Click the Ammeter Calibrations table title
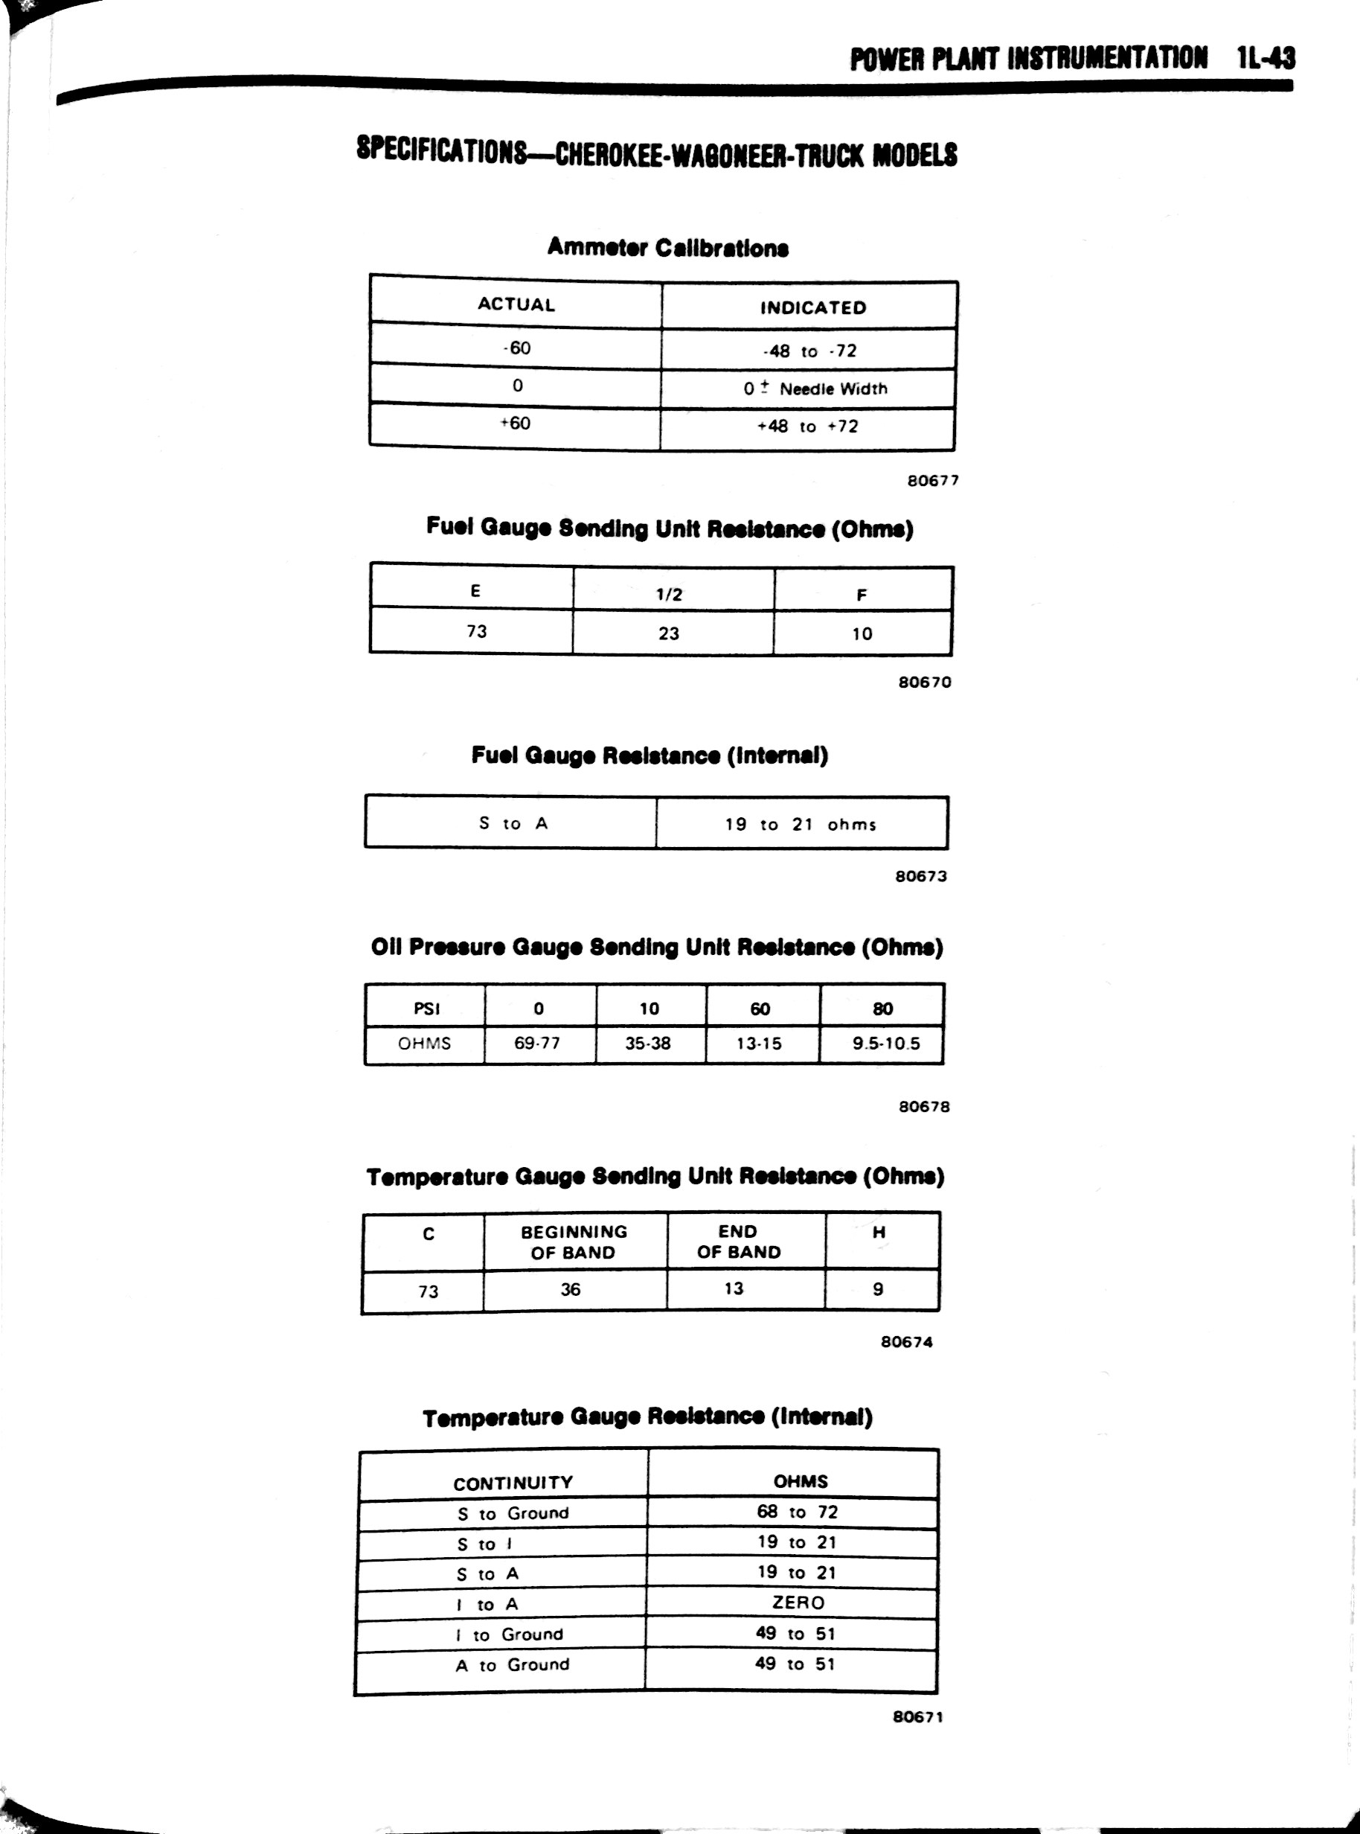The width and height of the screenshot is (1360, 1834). tap(667, 247)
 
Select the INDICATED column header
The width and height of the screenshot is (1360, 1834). tap(812, 308)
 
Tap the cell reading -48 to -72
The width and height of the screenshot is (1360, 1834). tap(809, 351)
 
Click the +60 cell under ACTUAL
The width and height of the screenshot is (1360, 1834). tap(516, 424)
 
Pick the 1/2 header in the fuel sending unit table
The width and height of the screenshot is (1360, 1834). tap(670, 594)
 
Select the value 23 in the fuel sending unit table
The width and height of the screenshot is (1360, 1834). tap(669, 633)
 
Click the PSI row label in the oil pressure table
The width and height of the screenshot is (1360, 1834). tap(426, 1008)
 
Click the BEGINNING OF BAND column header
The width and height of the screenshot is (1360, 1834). tap(574, 1242)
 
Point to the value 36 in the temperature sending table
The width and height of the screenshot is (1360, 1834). tap(571, 1290)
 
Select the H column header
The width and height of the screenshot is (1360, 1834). tap(879, 1233)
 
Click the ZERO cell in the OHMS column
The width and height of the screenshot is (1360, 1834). tap(798, 1603)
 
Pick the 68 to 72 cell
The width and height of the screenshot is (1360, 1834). tap(797, 1512)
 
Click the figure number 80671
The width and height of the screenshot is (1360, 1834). tap(917, 1717)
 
